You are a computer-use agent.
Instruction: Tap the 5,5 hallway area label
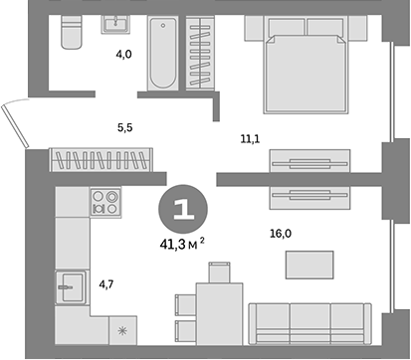125,127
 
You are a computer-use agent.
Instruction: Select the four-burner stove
104,203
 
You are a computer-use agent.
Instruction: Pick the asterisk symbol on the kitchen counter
122,331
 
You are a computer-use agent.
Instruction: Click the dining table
218,311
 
